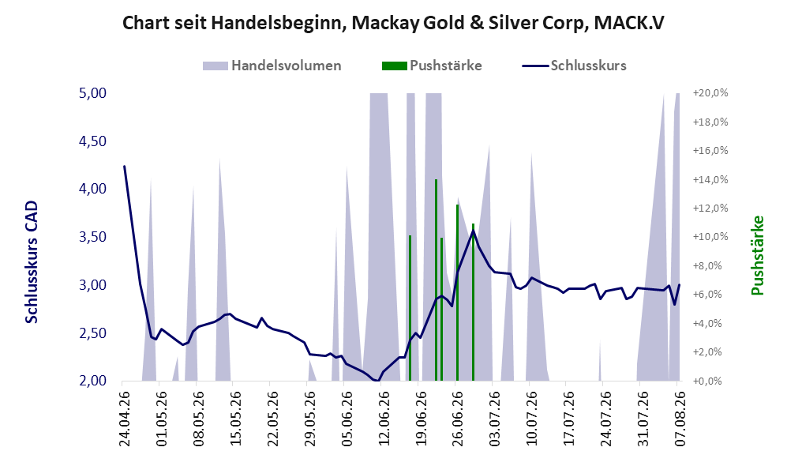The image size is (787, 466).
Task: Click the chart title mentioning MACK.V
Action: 393,23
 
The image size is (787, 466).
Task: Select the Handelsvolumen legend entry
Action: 272,66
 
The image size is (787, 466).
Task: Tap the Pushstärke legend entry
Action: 432,66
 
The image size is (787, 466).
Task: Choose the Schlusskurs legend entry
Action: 574,66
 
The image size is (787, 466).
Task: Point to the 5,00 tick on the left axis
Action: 93,93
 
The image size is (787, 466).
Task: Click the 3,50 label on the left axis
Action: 93,237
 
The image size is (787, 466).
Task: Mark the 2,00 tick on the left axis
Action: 93,381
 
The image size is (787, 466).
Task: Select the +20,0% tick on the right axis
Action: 710,93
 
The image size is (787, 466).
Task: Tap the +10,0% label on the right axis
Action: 710,237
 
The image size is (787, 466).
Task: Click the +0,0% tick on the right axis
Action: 708,381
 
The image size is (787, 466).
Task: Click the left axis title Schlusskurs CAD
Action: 31,262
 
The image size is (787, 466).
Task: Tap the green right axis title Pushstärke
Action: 757,256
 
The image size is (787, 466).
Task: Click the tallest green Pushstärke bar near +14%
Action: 437,280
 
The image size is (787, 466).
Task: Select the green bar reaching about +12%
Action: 457,293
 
